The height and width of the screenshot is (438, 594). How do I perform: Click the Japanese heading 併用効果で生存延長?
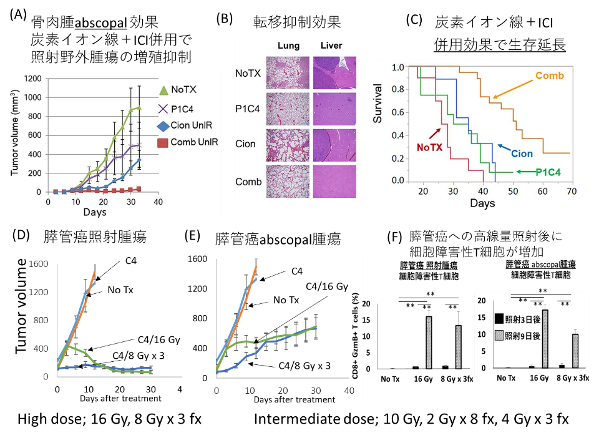[500, 46]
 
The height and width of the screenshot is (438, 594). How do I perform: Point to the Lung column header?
[288, 46]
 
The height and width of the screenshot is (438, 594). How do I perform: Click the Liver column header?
[331, 46]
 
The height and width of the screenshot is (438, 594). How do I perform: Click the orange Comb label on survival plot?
[550, 76]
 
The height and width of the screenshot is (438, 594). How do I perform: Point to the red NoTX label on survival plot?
[430, 147]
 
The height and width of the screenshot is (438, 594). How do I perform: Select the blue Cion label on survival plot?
[521, 153]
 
